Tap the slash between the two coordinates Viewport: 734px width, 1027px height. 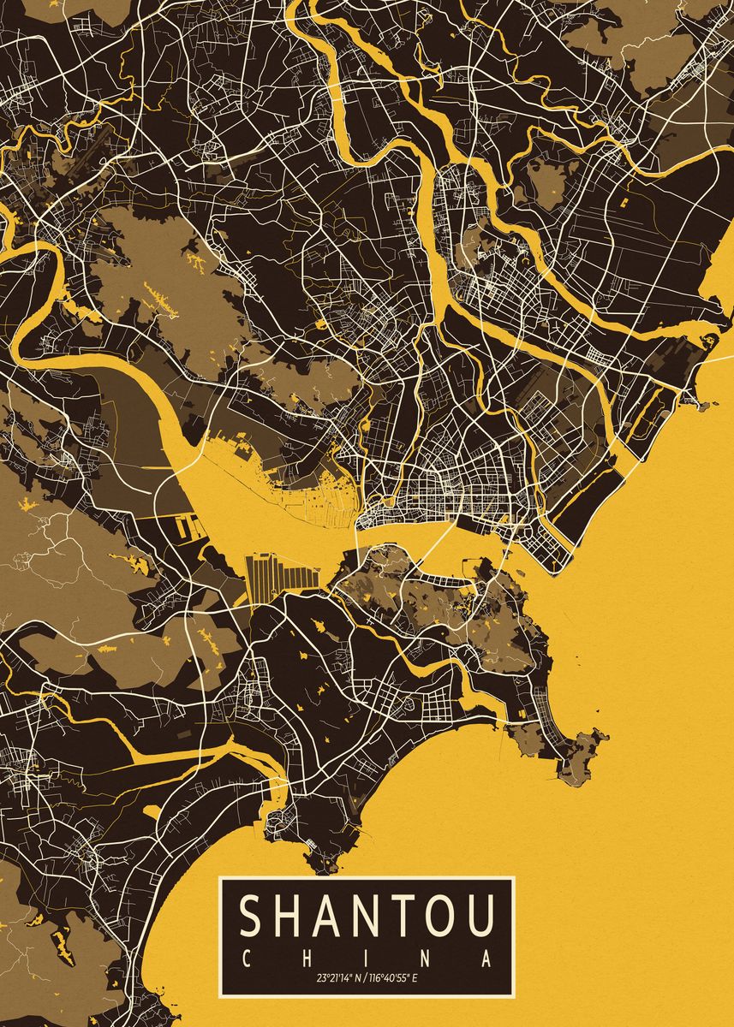tap(364, 977)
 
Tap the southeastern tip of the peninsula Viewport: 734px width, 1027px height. tap(590, 753)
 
